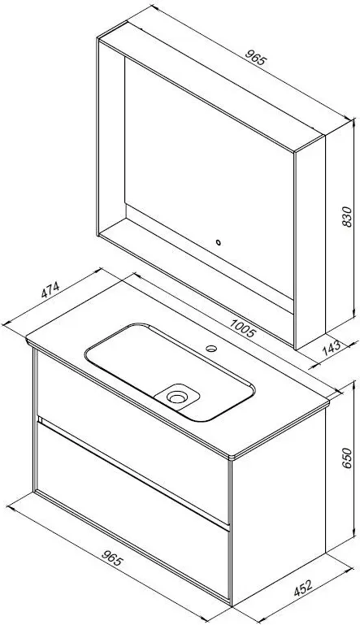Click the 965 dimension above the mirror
pos(254,58)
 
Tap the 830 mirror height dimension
pos(347,217)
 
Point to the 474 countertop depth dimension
pos(50,290)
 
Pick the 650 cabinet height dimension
pos(347,458)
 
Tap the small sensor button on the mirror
pos(218,242)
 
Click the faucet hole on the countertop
pos(211,348)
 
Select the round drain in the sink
pos(175,397)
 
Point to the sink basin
pos(169,371)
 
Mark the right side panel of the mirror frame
pos(310,243)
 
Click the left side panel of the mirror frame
pos(111,136)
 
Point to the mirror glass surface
pos(210,176)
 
